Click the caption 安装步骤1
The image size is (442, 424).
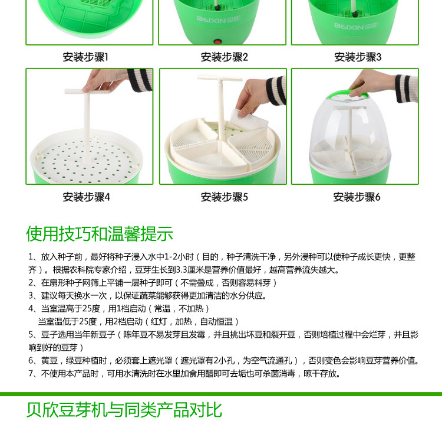point(85,57)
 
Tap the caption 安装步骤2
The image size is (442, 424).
point(224,57)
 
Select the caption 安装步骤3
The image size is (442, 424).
point(358,57)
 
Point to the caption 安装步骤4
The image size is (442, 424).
point(86,197)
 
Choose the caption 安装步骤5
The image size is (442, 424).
point(224,197)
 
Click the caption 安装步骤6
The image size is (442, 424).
point(357,197)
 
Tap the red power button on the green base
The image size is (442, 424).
point(217,42)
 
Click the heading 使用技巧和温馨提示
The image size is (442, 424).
point(100,234)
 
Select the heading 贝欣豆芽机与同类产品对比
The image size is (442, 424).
point(124,410)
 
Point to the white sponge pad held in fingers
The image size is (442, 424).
point(248,119)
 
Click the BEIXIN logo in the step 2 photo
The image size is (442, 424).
point(218,19)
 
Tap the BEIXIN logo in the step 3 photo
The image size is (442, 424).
point(356,27)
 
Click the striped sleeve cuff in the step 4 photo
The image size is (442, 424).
point(140,80)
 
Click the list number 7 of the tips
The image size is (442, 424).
point(31,374)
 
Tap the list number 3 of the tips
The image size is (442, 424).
point(31,296)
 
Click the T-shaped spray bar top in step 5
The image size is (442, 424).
point(220,78)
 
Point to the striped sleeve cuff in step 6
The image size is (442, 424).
point(406,88)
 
